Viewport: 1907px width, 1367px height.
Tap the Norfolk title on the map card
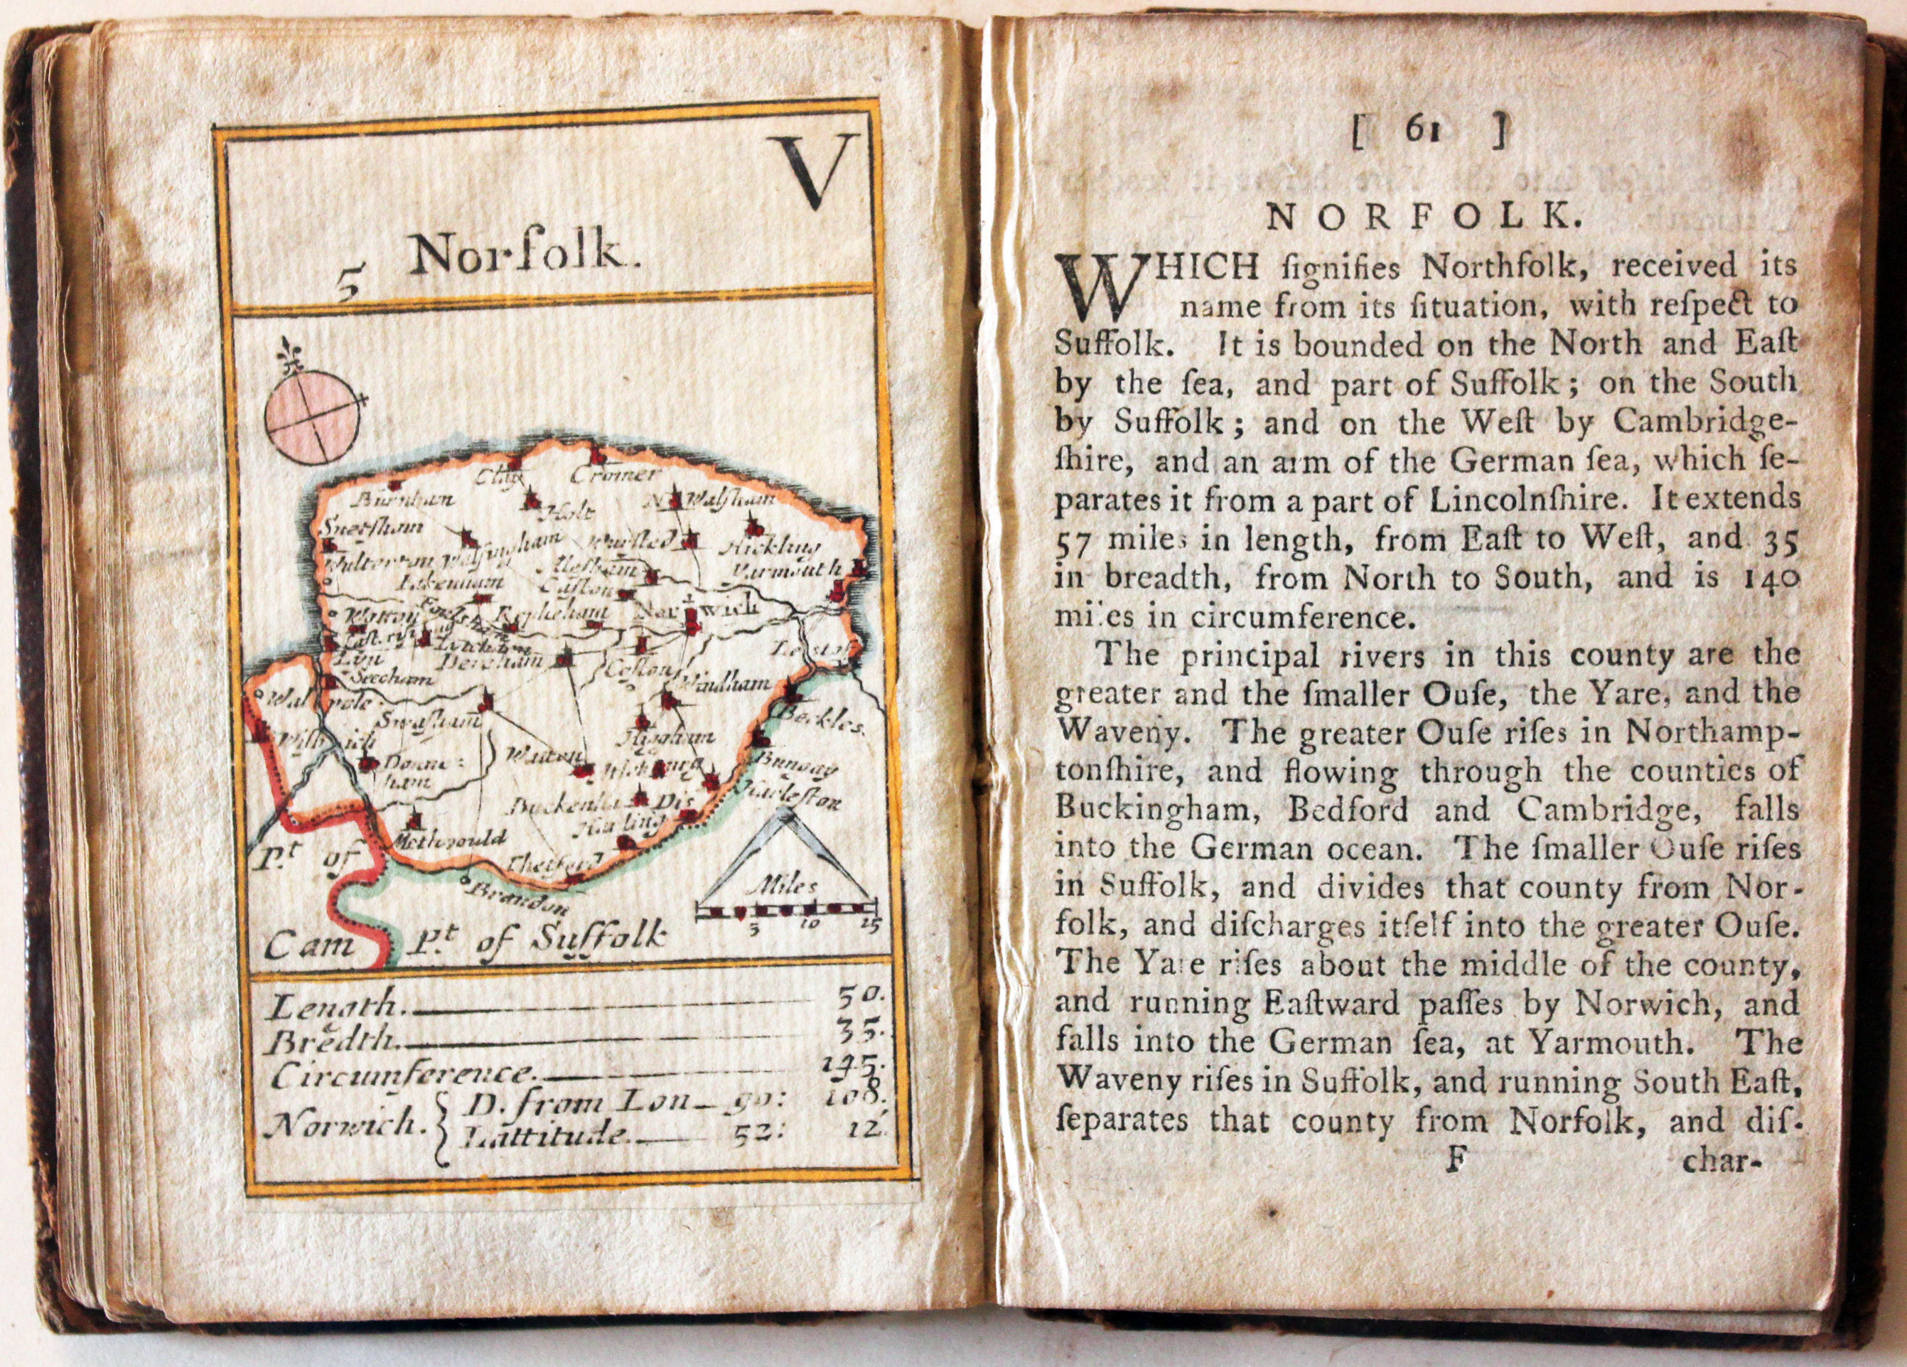tap(520, 253)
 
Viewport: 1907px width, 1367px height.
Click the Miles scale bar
tap(786, 908)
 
